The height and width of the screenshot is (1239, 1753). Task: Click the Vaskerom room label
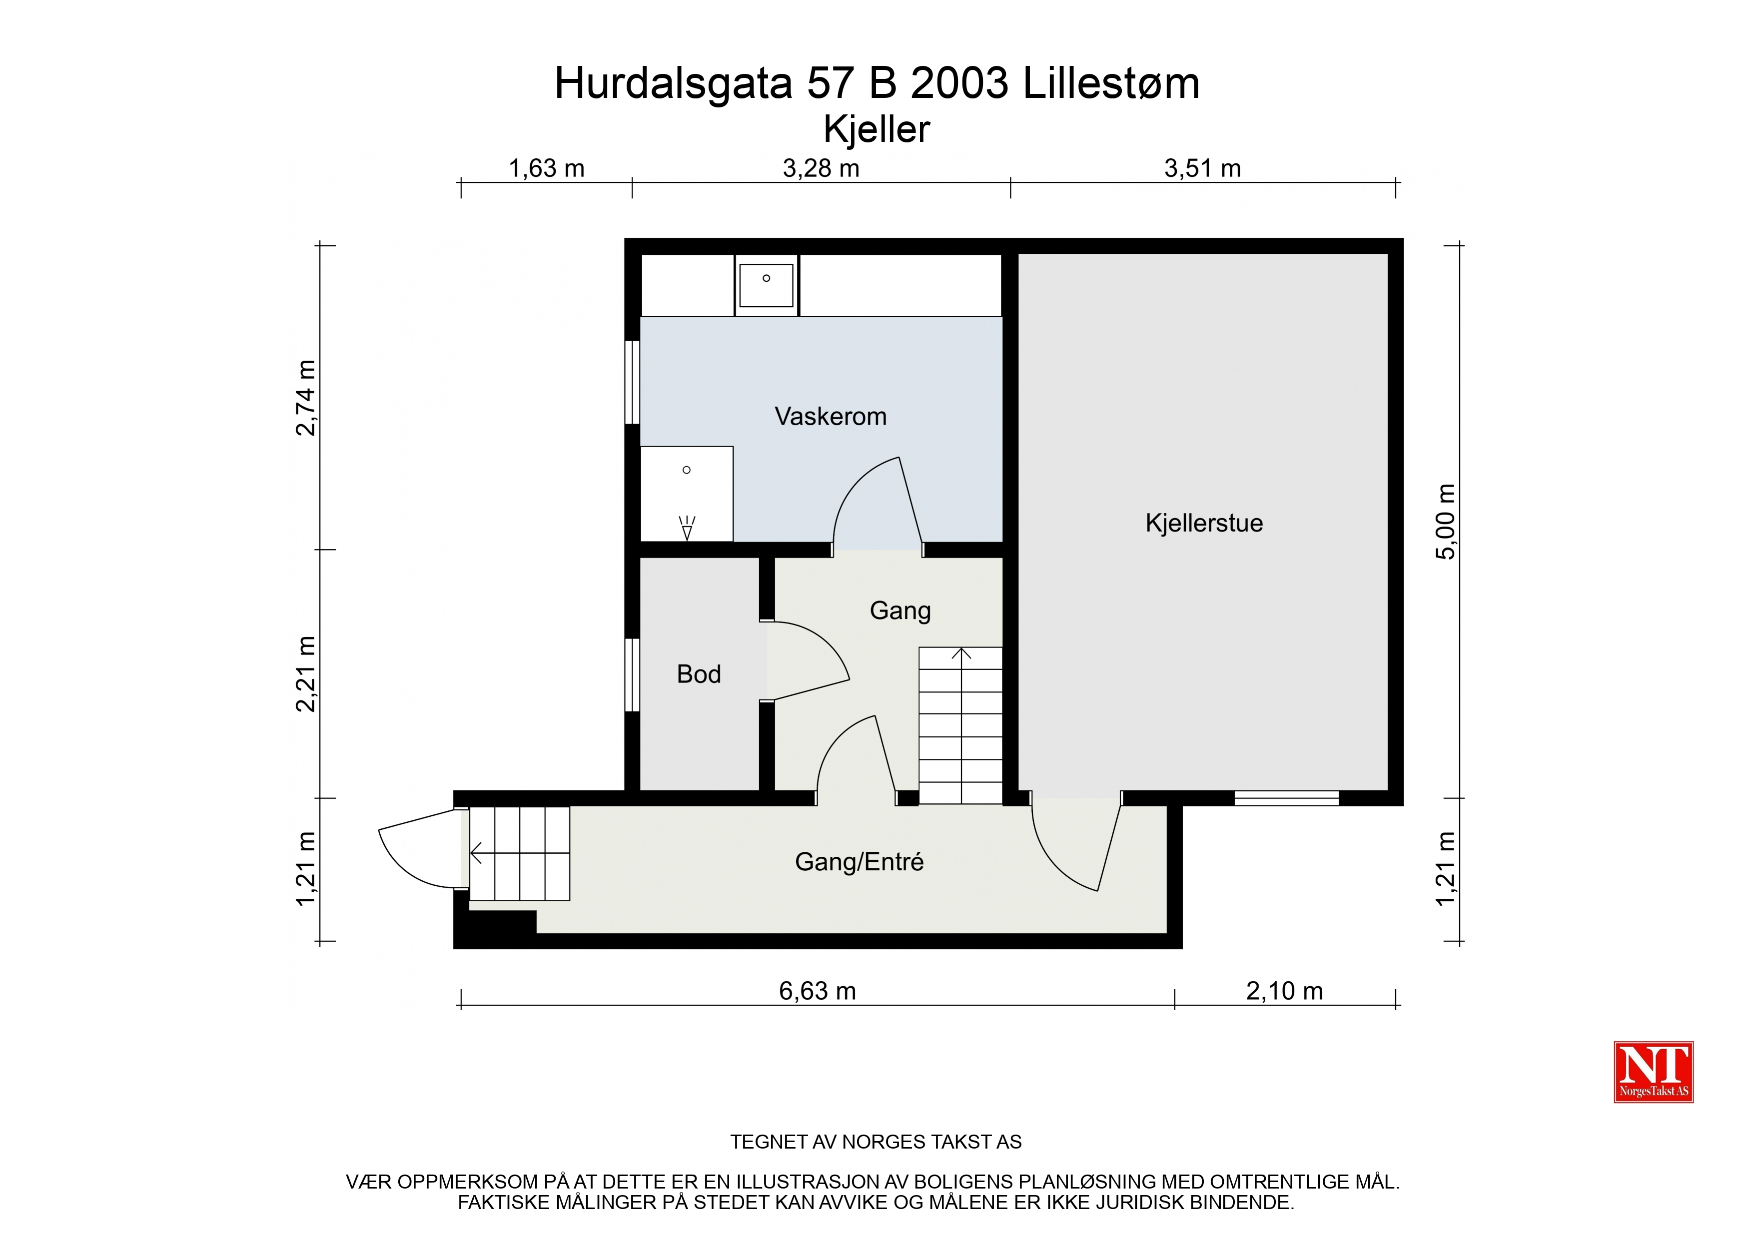click(x=831, y=416)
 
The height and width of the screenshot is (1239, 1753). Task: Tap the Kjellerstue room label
click(x=1204, y=523)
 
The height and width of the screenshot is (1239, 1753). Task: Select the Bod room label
click(x=699, y=674)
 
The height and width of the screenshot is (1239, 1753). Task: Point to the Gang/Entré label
click(x=859, y=862)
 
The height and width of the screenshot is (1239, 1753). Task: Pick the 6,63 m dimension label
click(x=817, y=991)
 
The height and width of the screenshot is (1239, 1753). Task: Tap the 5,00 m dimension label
click(x=1445, y=522)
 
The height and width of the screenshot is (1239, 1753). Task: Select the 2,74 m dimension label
click(x=305, y=398)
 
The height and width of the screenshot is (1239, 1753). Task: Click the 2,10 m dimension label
click(x=1284, y=991)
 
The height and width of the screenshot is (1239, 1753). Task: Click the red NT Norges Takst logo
click(x=1654, y=1072)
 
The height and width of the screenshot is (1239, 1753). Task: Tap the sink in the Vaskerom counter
click(x=767, y=285)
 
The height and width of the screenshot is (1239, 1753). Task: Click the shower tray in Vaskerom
click(x=687, y=494)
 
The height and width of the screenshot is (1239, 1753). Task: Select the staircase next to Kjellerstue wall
click(x=960, y=725)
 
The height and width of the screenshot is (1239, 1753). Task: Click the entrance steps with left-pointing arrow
click(x=519, y=853)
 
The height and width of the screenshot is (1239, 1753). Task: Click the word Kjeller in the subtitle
click(x=876, y=129)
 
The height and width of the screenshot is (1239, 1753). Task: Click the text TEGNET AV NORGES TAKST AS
click(x=876, y=1142)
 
